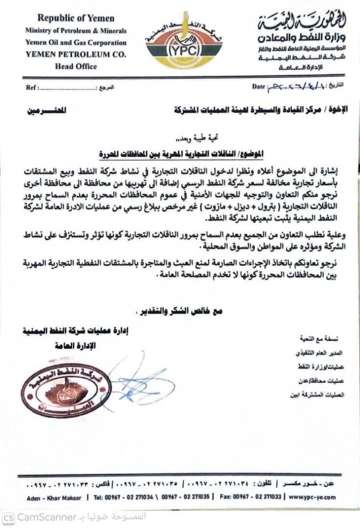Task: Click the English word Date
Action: [259, 87]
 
